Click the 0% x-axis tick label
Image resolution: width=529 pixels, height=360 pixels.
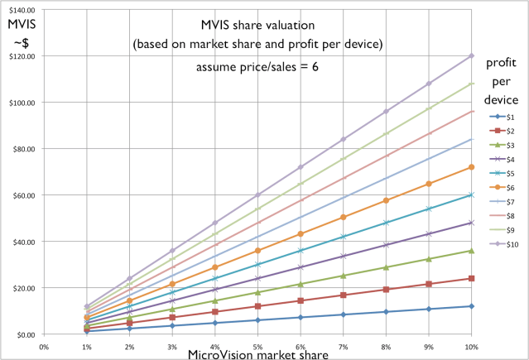click(x=44, y=346)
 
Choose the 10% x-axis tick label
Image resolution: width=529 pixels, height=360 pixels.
click(x=471, y=346)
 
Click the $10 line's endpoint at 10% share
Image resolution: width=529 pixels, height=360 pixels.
click(x=471, y=56)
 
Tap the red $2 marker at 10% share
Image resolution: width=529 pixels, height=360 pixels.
click(x=471, y=279)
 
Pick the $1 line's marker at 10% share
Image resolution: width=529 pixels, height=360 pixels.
click(x=471, y=306)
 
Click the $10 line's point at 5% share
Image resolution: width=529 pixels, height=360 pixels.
click(x=257, y=195)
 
